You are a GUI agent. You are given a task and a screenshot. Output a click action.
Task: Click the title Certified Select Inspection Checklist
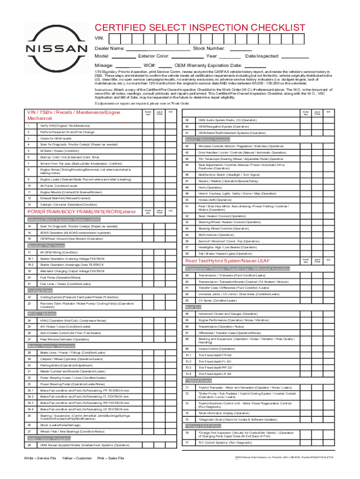click(200, 28)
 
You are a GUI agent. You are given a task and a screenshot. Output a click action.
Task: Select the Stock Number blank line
click(241, 48)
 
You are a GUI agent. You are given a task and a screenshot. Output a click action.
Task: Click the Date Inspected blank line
click(295, 56)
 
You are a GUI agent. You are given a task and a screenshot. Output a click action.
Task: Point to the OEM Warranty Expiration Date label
click(208, 65)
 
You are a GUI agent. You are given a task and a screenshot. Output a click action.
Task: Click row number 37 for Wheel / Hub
click(29, 431)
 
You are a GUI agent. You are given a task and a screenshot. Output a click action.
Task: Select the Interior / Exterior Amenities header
click(208, 139)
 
